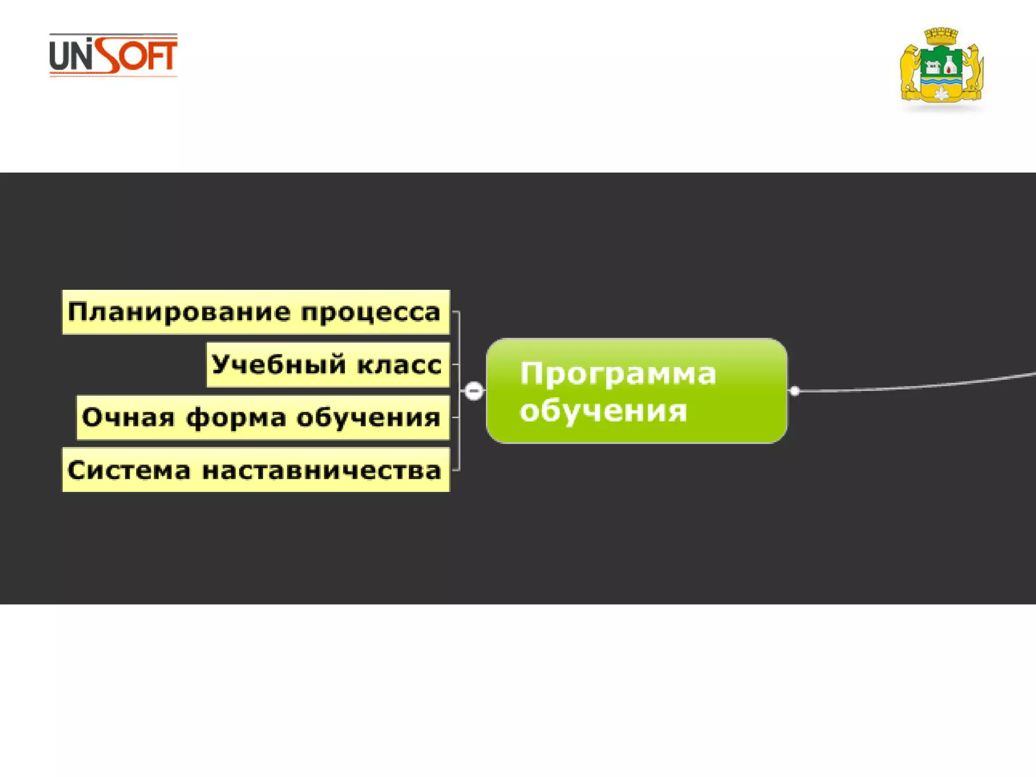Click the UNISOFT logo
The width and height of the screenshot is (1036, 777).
(x=113, y=55)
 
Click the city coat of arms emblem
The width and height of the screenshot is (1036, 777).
(x=941, y=68)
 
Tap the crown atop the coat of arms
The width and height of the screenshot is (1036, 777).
(x=941, y=36)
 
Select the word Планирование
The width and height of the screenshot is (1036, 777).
(x=179, y=312)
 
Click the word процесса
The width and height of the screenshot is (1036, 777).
(x=371, y=313)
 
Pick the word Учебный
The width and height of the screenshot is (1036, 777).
(x=279, y=364)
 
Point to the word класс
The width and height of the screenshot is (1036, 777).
(x=399, y=365)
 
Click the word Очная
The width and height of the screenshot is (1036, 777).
(x=128, y=417)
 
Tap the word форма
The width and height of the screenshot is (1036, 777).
(x=236, y=418)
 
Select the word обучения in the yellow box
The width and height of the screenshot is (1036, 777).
(x=368, y=418)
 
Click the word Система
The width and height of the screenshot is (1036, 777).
(x=129, y=470)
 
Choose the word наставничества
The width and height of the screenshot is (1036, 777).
(x=322, y=470)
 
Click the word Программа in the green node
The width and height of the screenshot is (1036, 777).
(x=618, y=374)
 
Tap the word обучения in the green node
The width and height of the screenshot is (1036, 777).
(x=603, y=410)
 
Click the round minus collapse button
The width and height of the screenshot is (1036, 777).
(x=474, y=391)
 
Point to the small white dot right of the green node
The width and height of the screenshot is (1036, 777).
(x=795, y=391)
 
